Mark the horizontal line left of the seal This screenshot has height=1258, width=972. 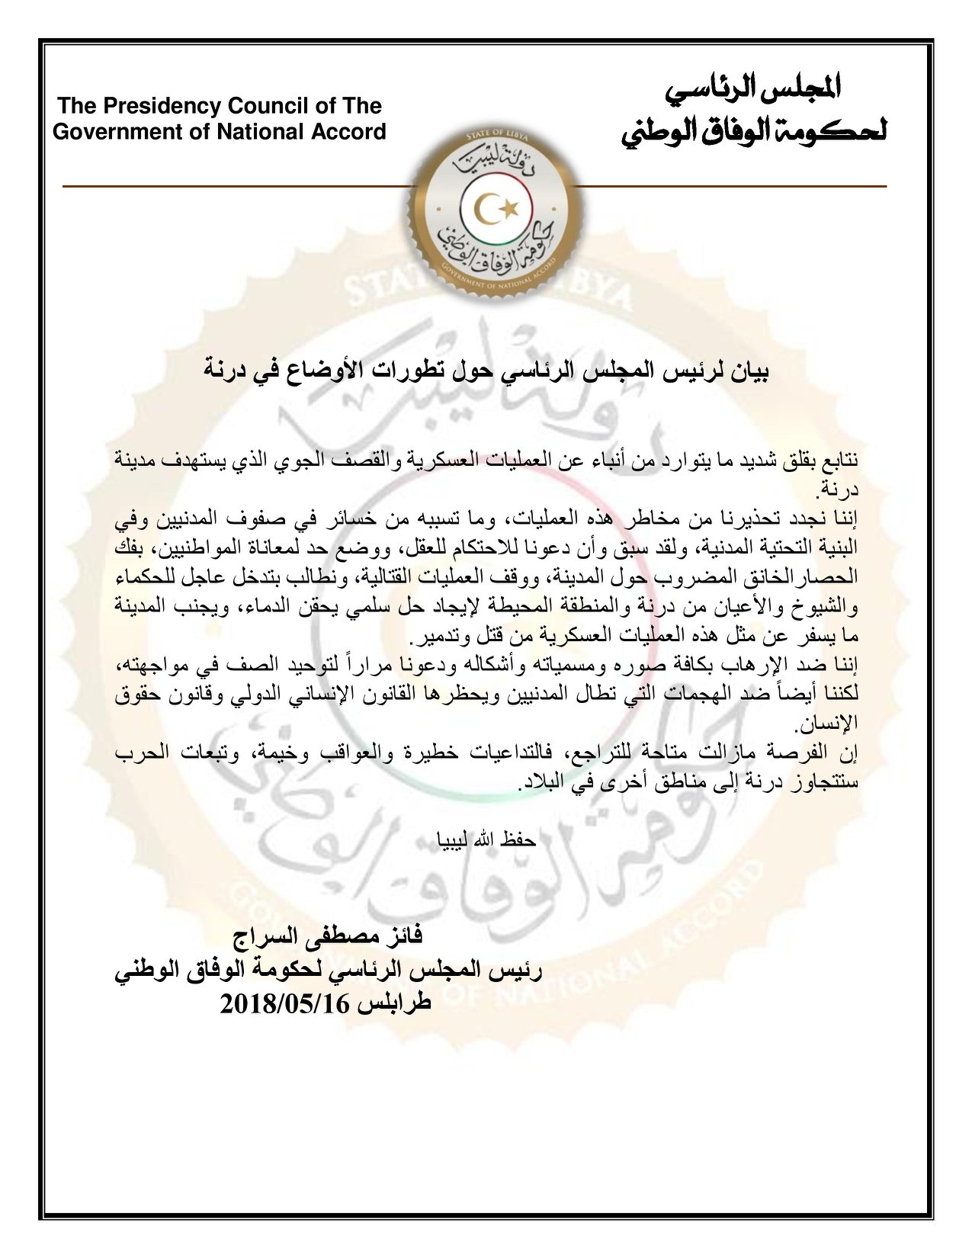[236, 186]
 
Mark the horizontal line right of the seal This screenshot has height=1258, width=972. [732, 186]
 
